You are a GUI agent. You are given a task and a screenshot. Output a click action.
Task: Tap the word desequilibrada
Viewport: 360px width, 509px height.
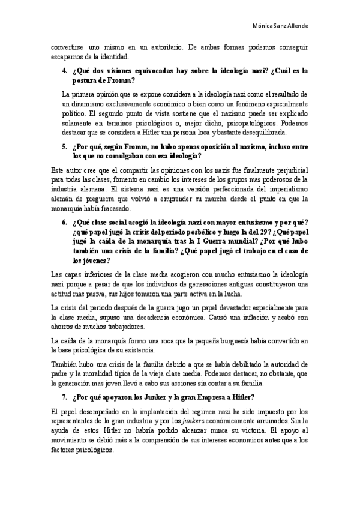click(263, 133)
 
